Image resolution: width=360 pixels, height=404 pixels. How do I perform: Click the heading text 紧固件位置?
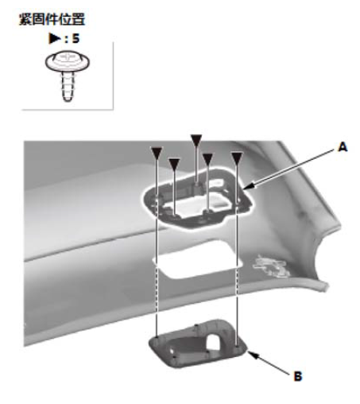[x=52, y=19]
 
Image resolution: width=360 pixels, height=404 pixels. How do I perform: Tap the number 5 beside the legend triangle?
[x=75, y=38]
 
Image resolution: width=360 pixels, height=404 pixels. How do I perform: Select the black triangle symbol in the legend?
[x=55, y=38]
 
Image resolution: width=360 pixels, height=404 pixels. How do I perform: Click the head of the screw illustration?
[x=68, y=61]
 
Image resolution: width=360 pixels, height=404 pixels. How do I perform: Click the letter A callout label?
[x=343, y=147]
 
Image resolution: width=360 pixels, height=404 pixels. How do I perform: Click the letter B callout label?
[x=298, y=376]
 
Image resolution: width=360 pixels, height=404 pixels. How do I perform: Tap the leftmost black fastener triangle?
[x=157, y=153]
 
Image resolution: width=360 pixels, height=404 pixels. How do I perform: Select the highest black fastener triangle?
[x=196, y=140]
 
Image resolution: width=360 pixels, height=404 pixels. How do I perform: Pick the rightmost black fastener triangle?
[x=237, y=157]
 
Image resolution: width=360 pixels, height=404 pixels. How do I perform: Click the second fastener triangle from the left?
[x=174, y=165]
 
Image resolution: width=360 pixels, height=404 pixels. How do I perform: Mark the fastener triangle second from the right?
[x=207, y=159]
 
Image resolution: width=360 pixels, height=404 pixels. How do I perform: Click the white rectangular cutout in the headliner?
[x=197, y=260]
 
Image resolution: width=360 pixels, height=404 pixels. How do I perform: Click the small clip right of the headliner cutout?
[x=269, y=266]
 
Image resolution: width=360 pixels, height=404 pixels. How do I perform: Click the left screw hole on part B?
[x=157, y=339]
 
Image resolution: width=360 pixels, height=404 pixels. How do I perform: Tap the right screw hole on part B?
[x=237, y=345]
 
